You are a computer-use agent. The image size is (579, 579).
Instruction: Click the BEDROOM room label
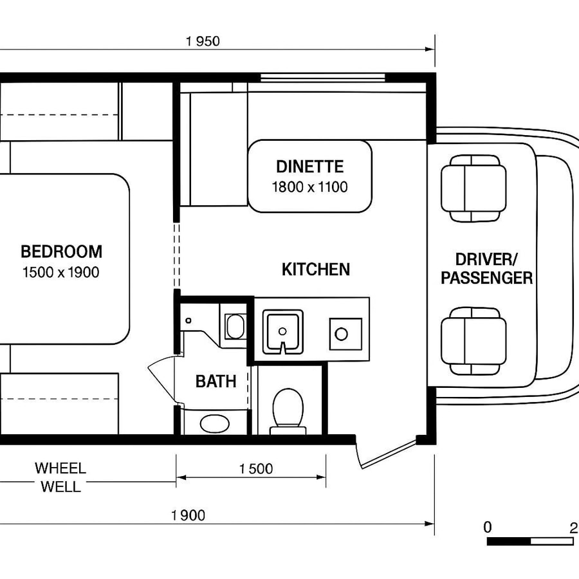(x=61, y=251)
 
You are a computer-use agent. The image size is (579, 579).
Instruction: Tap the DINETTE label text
(x=310, y=167)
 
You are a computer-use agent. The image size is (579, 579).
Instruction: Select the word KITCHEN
(x=316, y=269)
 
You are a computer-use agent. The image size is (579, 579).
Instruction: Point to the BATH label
(x=216, y=381)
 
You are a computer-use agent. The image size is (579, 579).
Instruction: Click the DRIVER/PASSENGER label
(x=486, y=269)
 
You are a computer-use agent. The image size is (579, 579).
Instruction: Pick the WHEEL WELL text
(x=60, y=477)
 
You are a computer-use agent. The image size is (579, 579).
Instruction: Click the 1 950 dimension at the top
(x=203, y=42)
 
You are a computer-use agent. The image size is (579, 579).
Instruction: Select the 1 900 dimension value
(x=188, y=515)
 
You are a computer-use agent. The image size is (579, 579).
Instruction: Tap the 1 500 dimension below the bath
(x=256, y=468)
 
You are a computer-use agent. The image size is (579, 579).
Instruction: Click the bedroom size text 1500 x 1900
(x=61, y=272)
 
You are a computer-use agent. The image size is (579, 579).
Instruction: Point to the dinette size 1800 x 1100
(x=310, y=187)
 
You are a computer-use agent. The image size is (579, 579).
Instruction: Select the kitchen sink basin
(x=282, y=330)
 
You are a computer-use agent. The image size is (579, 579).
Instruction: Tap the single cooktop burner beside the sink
(x=341, y=334)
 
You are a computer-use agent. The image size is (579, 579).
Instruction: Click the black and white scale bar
(x=529, y=542)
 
